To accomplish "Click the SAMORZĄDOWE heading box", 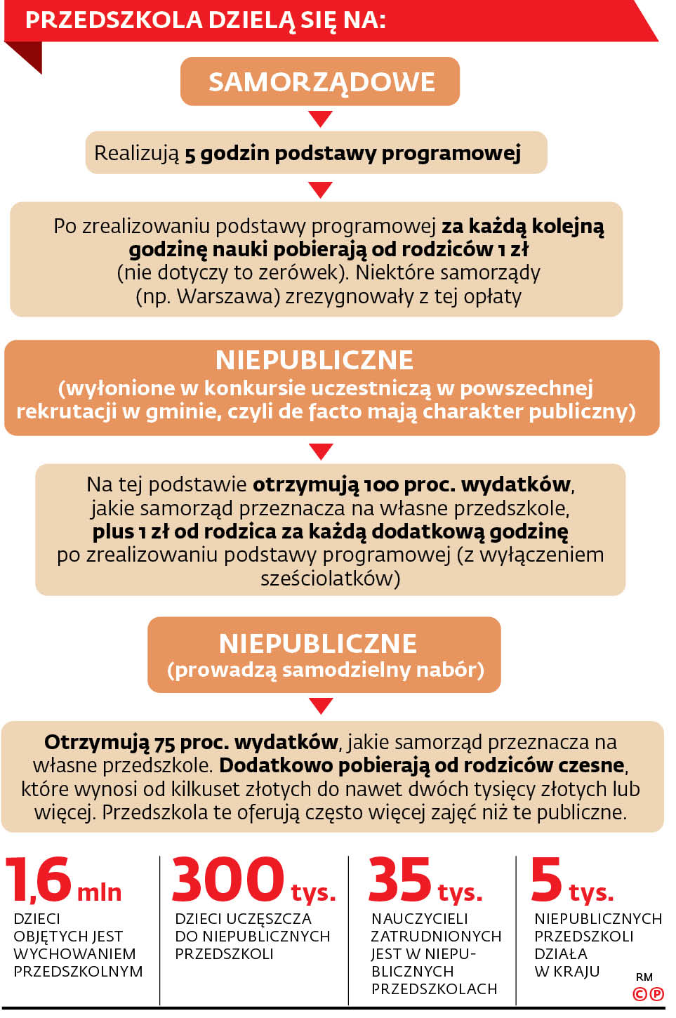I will (320, 81).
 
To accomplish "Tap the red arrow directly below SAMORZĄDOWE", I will (320, 118).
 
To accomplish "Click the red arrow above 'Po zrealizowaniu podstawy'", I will (320, 190).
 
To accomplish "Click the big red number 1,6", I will (39, 879).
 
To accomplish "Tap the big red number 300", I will (227, 879).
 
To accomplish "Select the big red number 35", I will (399, 879).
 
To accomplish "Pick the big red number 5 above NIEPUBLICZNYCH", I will (547, 879).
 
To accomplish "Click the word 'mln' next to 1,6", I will (99, 892).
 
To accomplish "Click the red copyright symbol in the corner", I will (639, 993).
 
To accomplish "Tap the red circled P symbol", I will (657, 993).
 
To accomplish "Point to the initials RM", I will (644, 977).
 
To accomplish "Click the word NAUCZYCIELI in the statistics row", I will (419, 918).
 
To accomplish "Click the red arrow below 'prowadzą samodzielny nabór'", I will (321, 706).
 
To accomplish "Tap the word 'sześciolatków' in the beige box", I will (330, 579).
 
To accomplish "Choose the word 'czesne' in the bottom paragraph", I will (589, 765).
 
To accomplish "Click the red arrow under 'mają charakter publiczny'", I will (321, 451).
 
